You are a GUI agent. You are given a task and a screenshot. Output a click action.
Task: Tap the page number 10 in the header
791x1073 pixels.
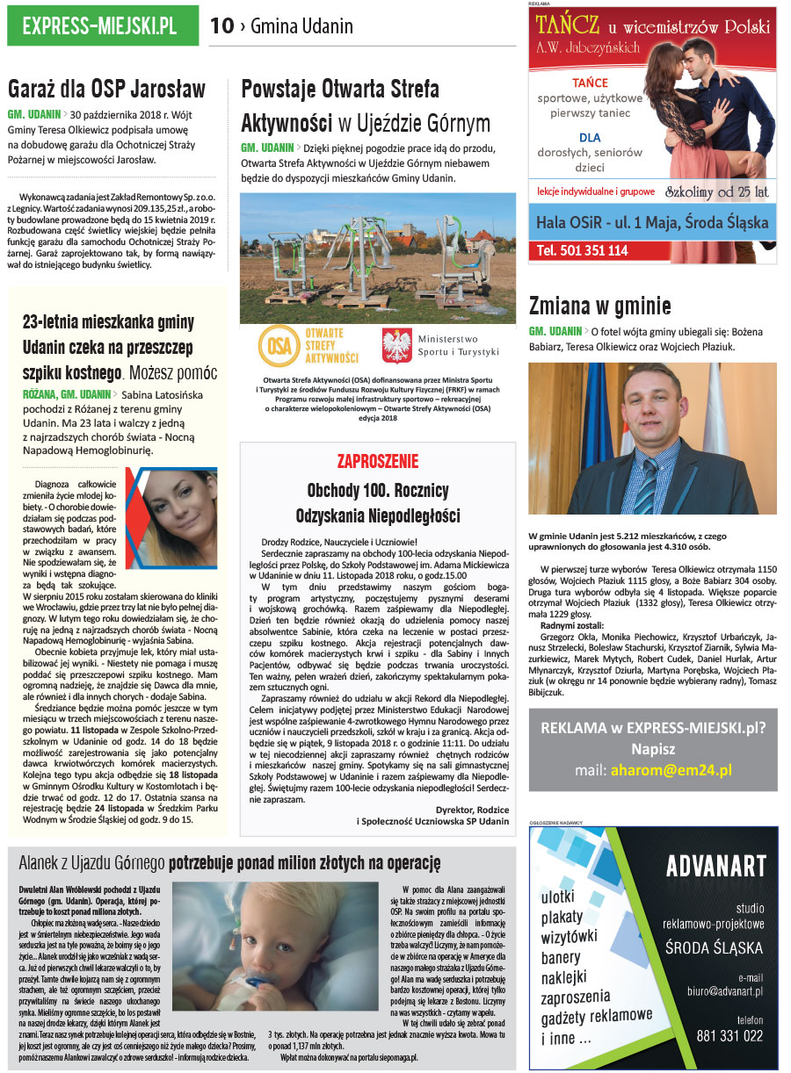(x=222, y=26)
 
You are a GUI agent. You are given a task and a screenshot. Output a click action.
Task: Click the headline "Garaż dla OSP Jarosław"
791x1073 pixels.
(x=106, y=90)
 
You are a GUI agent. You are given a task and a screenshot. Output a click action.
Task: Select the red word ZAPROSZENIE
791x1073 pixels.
(x=378, y=462)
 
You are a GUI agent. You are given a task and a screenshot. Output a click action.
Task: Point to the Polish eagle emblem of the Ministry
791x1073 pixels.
(x=397, y=345)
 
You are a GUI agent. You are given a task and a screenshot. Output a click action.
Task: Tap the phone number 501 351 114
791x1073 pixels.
(x=583, y=250)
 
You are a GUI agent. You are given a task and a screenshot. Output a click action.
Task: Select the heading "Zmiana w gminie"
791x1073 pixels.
(x=600, y=306)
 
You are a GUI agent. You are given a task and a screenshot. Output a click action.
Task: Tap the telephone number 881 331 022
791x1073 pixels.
(x=729, y=1036)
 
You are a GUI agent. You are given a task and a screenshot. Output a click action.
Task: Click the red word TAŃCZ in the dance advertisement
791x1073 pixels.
(x=570, y=24)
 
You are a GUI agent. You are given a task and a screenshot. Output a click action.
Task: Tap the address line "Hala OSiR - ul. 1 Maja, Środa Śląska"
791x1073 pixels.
(x=652, y=222)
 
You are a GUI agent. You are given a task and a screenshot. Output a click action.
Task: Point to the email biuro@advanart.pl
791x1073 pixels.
(x=725, y=990)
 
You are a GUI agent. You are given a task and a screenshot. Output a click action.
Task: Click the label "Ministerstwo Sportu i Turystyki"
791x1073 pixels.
(x=458, y=345)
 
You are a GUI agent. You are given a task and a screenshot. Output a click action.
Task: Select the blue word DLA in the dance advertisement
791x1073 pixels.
(x=590, y=137)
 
